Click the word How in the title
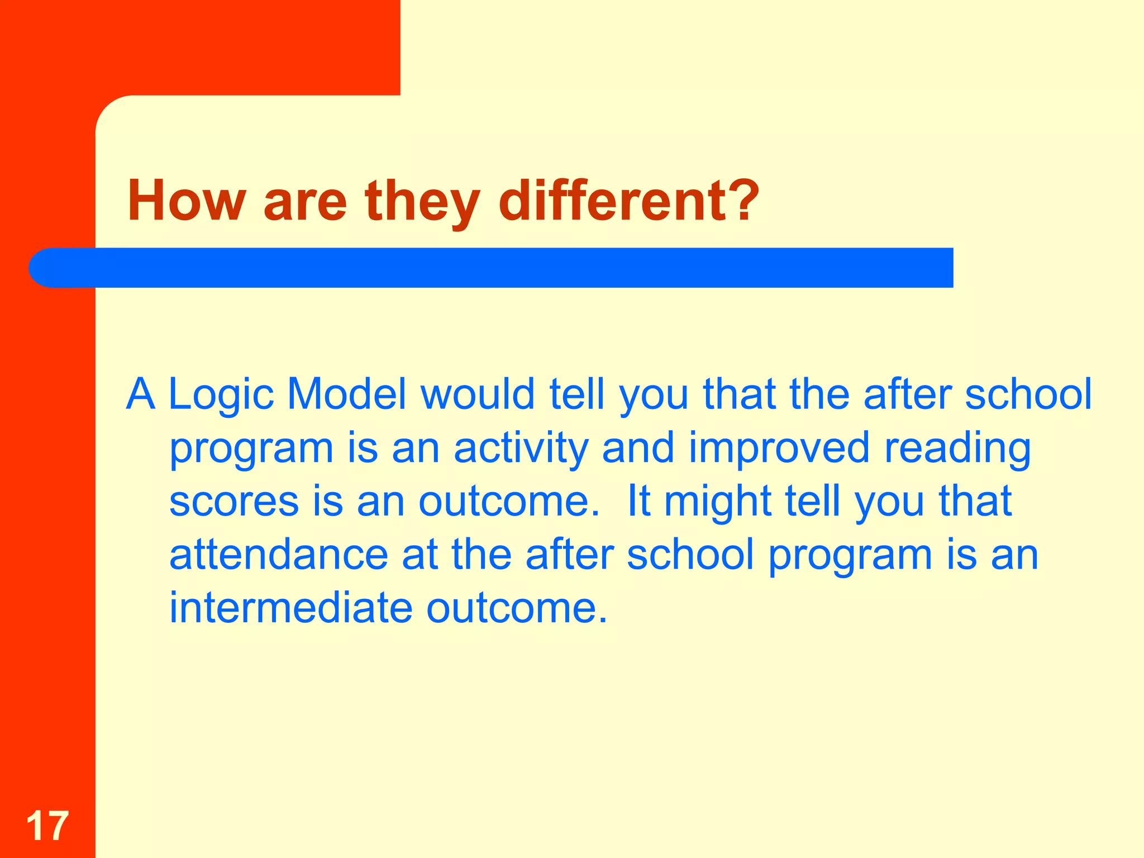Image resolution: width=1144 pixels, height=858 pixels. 186,201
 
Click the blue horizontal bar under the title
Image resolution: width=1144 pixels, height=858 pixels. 503,268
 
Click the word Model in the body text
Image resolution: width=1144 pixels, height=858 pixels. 346,394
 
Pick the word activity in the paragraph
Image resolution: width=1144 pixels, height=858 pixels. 521,449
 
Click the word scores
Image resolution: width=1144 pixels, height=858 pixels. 233,501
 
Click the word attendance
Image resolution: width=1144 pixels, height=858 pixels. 278,555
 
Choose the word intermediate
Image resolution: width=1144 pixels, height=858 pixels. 290,608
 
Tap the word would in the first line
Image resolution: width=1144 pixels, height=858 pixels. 478,394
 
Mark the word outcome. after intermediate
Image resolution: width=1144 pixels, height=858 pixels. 516,608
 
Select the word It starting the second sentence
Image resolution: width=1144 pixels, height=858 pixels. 639,501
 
